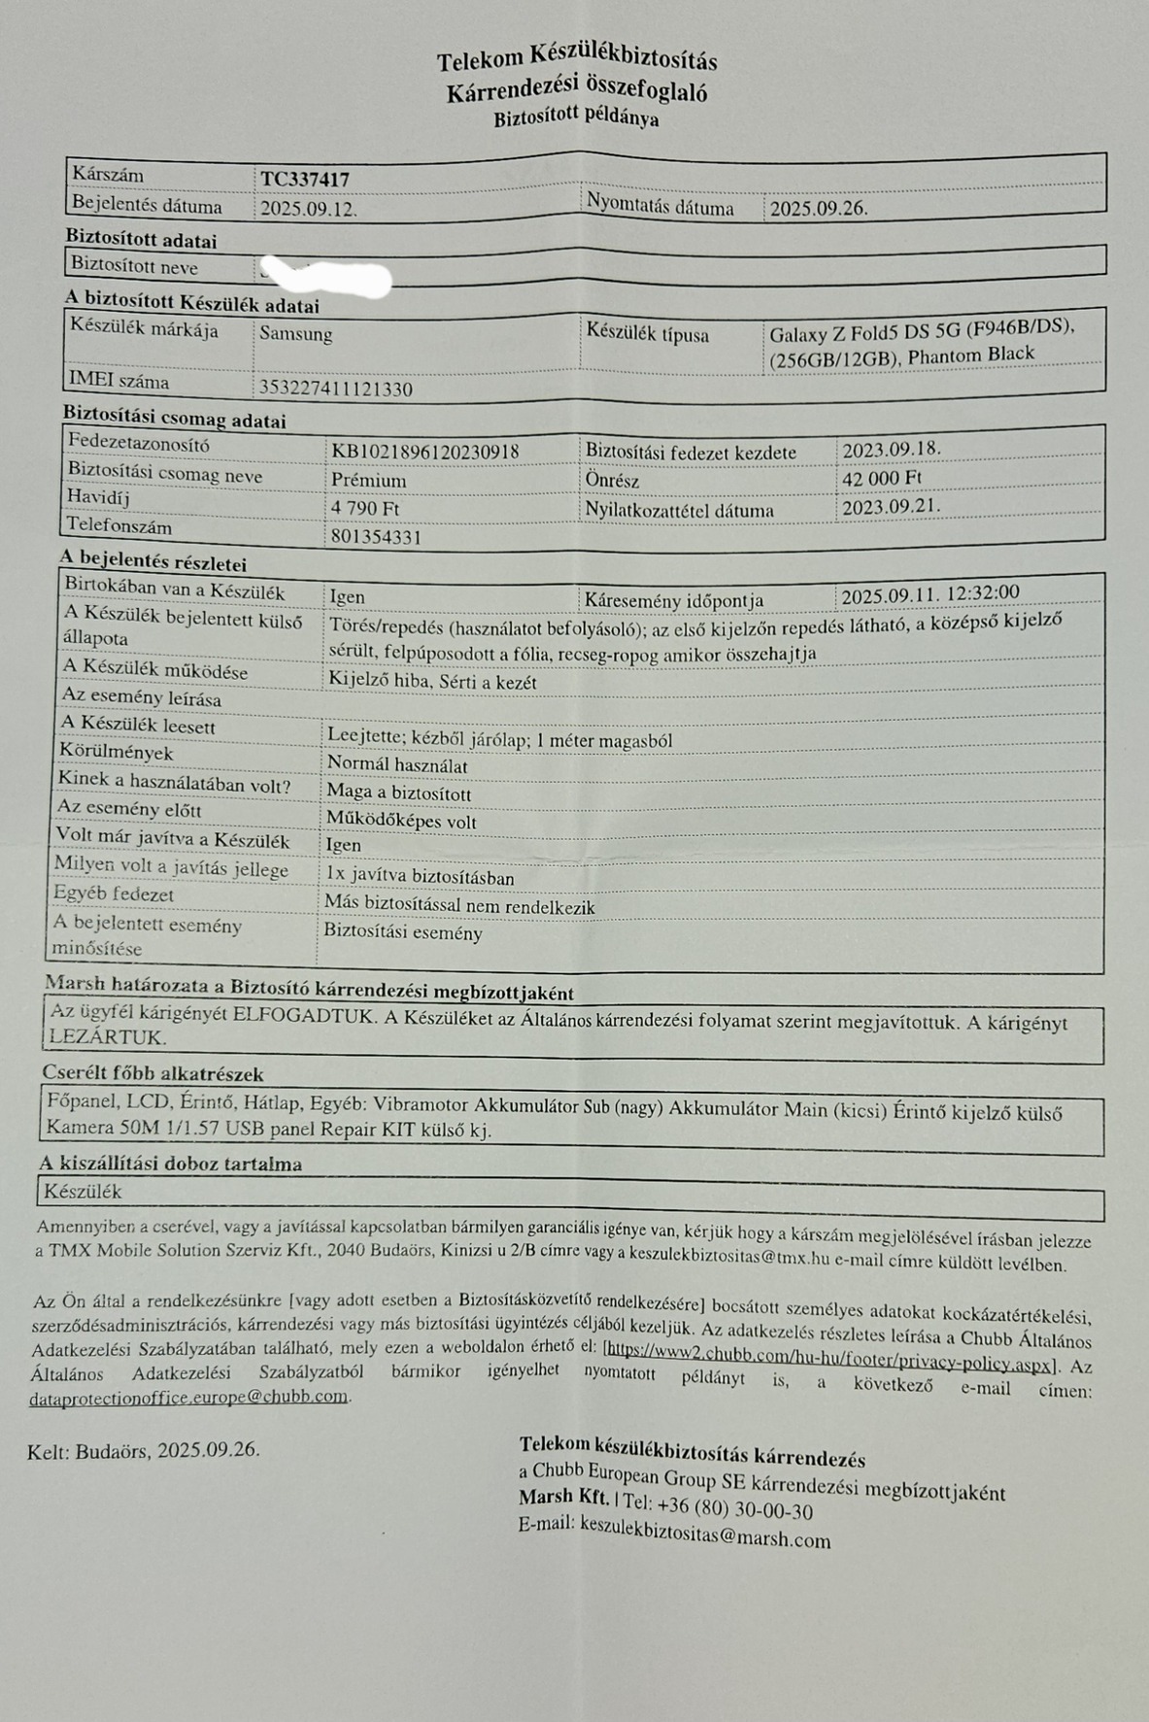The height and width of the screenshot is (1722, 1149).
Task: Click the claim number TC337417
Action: [304, 180]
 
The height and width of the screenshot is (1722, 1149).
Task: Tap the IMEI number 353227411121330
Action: [335, 389]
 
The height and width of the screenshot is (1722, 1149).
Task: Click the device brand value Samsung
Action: [295, 334]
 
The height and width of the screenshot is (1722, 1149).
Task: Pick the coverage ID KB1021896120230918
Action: [424, 452]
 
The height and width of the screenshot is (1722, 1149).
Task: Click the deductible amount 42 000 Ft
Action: [881, 478]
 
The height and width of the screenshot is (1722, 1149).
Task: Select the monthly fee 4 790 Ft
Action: [365, 509]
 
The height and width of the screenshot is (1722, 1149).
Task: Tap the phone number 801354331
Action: [376, 537]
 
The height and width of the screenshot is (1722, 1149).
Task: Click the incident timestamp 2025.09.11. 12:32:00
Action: [929, 594]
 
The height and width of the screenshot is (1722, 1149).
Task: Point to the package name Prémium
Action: [368, 481]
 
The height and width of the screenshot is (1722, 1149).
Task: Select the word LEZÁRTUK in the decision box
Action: [107, 1037]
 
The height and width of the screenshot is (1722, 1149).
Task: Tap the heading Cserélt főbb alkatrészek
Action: [152, 1074]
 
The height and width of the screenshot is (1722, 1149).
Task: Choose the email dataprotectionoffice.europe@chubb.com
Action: [188, 1398]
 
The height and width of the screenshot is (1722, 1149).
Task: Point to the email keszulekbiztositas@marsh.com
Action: [705, 1536]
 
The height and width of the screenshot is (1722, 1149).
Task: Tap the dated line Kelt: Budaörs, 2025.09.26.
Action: [144, 1450]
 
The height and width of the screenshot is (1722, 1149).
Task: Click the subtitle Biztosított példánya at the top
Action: [576, 119]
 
